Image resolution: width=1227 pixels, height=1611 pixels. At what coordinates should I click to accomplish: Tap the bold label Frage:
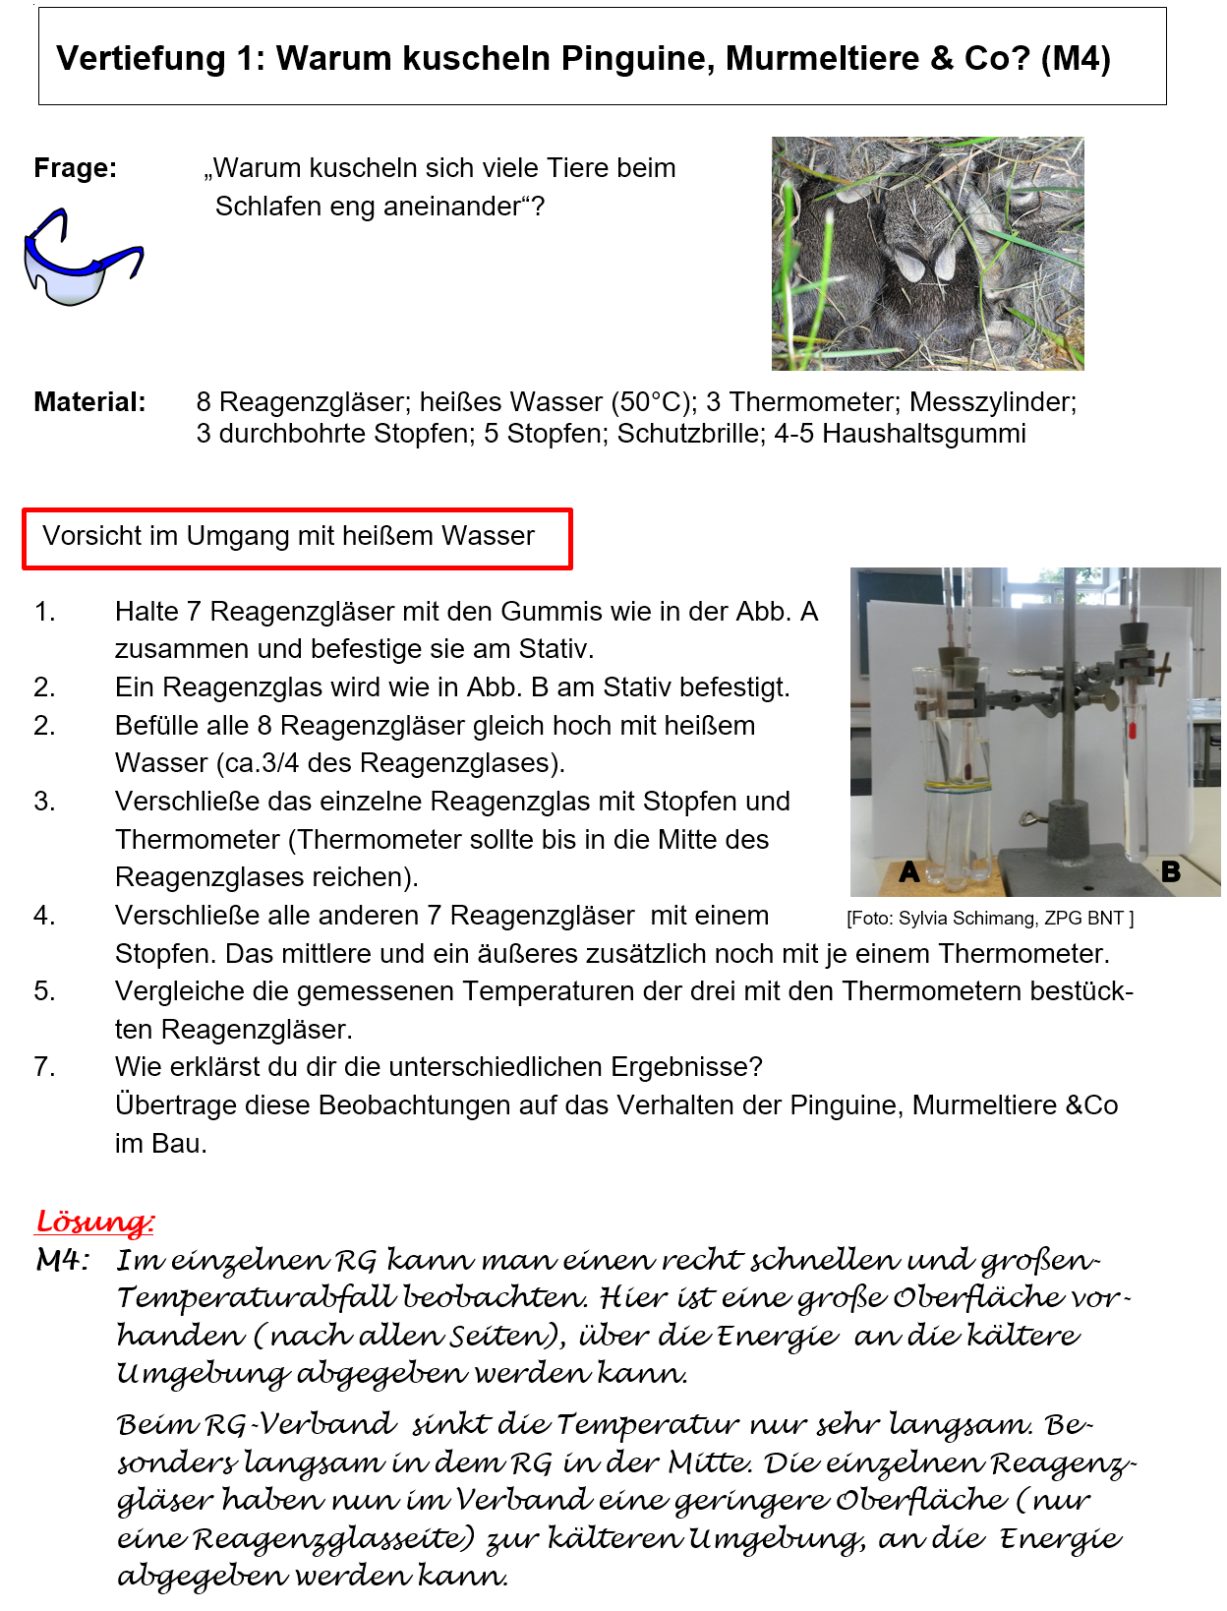click(x=75, y=168)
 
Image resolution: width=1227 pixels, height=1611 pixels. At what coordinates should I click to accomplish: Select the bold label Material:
click(x=89, y=402)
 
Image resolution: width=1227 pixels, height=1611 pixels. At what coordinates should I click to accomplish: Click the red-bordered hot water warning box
click(x=296, y=538)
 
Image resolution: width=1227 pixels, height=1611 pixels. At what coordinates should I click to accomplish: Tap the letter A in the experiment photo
click(x=909, y=871)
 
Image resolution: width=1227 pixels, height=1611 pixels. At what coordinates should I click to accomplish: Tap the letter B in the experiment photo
click(x=1170, y=871)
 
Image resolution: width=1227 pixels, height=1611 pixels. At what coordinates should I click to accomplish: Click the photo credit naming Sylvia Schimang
click(x=989, y=919)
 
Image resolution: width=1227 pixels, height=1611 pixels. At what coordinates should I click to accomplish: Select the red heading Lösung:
click(x=94, y=1222)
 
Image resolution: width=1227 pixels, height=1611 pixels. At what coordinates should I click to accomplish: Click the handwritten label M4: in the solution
click(x=63, y=1260)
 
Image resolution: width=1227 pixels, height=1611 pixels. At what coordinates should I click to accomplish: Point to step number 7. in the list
click(x=45, y=1067)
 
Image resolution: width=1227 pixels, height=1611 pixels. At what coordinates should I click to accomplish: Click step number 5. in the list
click(x=45, y=991)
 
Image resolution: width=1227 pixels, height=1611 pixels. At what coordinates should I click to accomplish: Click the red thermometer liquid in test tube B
click(x=1132, y=730)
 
